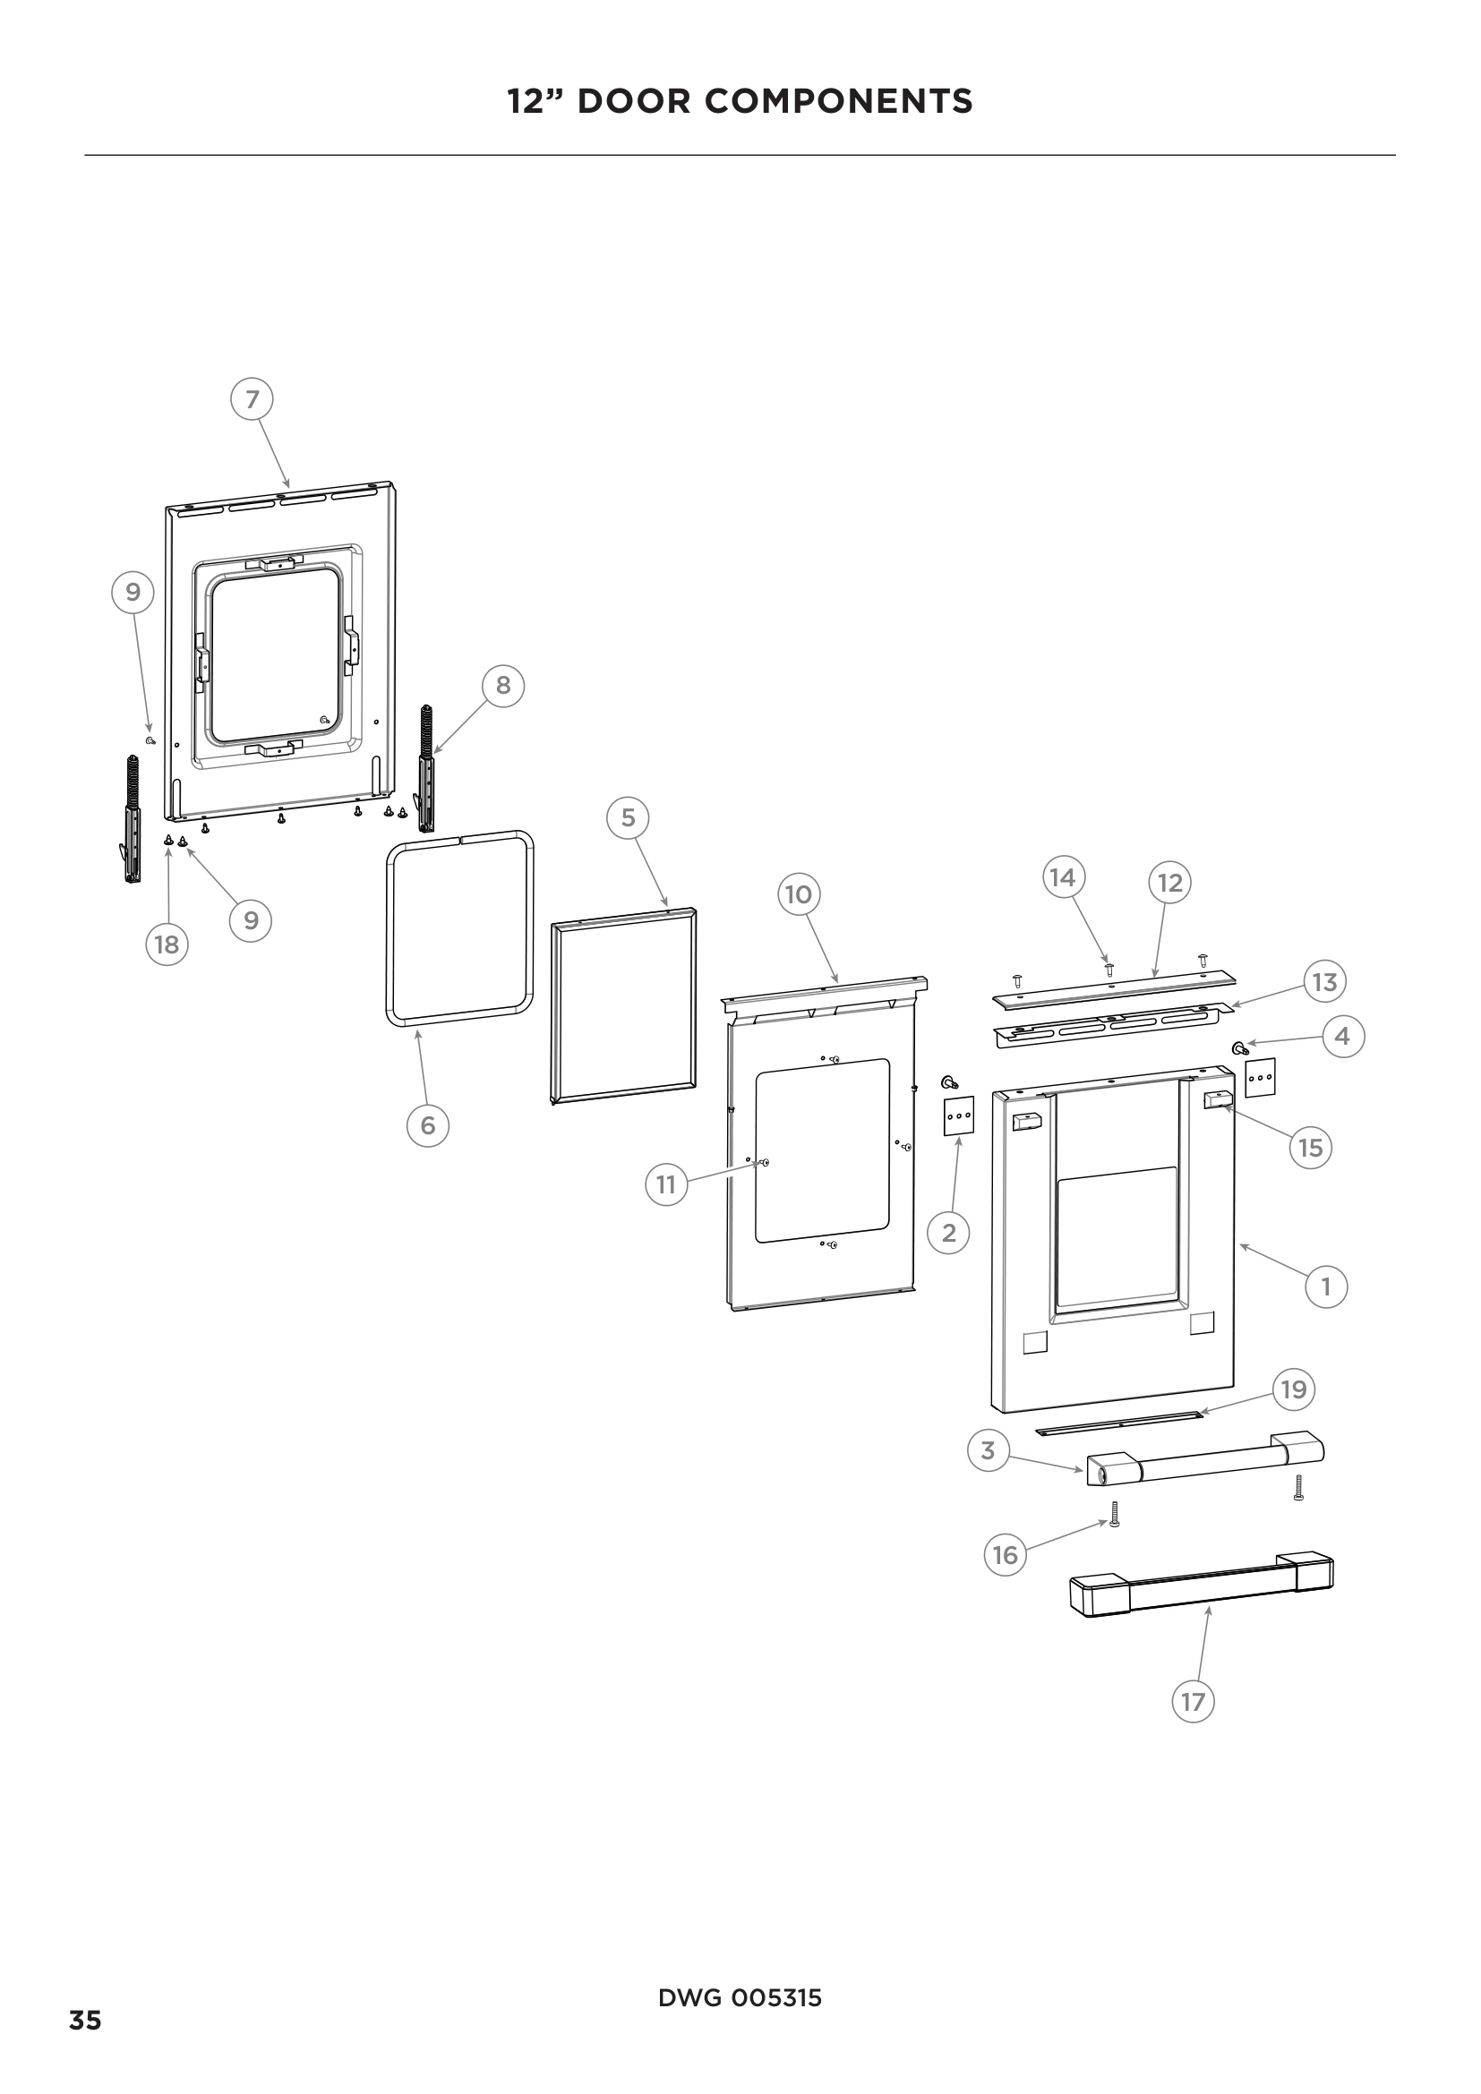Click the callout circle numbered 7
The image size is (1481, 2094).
coord(253,399)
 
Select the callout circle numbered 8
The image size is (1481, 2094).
coord(503,685)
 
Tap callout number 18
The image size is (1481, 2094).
coord(167,944)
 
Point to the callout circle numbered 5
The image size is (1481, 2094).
coord(628,817)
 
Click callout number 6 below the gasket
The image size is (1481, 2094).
coord(428,1125)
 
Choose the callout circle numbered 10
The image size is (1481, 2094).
coord(799,893)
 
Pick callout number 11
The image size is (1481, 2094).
coord(667,1184)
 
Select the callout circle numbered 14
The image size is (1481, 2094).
coord(1064,877)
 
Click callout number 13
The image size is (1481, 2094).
coord(1324,981)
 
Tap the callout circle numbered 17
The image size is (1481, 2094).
coord(1193,1701)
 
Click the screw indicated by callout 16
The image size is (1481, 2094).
coord(1115,1515)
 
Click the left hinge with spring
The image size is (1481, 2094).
coord(133,821)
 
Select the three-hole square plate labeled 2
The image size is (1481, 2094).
coord(958,1115)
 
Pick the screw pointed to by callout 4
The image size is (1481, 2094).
coord(1239,1047)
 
